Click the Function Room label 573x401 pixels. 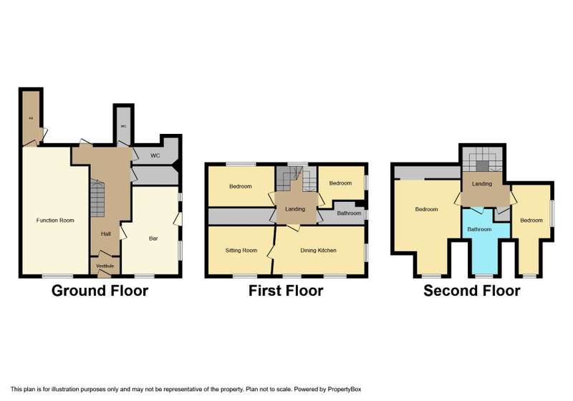click(55, 220)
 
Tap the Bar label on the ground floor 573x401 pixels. click(153, 238)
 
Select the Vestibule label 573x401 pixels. click(105, 267)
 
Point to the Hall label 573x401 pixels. click(105, 233)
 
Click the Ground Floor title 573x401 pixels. click(100, 291)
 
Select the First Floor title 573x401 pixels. click(286, 291)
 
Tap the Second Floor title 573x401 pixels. click(471, 291)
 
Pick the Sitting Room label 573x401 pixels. click(241, 251)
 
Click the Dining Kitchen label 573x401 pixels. click(318, 251)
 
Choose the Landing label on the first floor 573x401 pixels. click(294, 209)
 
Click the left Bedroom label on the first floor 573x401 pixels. click(241, 187)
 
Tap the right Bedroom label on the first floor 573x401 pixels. click(340, 184)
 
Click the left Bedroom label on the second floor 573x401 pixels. click(427, 209)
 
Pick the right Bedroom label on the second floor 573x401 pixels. click(531, 220)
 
